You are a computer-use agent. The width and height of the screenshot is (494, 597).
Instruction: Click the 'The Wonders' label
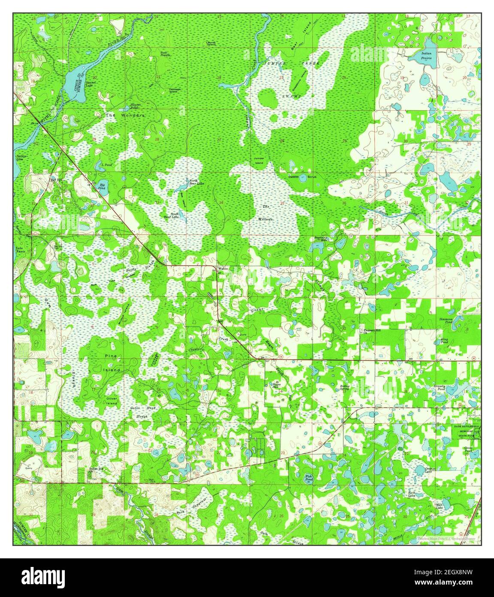pos(125,116)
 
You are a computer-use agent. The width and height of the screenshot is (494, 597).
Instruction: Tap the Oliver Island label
pos(112,401)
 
